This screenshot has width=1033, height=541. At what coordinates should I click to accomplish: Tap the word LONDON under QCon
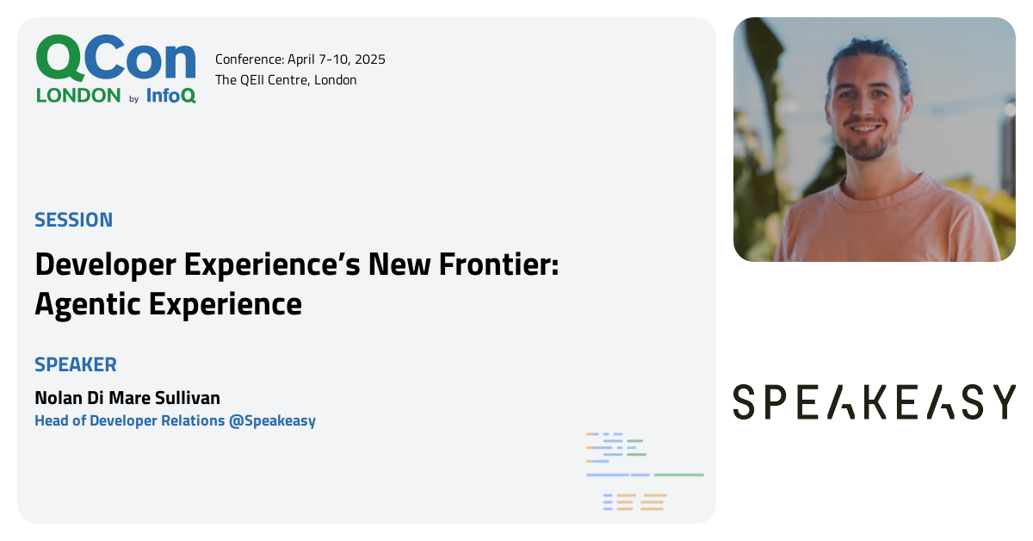click(x=78, y=96)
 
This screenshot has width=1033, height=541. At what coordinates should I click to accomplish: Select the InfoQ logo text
click(x=170, y=96)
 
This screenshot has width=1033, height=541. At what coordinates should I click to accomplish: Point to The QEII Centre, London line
click(x=286, y=80)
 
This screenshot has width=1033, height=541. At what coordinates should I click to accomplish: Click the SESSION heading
click(x=73, y=220)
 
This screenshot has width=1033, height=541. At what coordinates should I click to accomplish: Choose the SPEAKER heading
click(x=76, y=364)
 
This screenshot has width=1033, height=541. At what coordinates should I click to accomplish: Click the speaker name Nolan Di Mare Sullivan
click(x=127, y=398)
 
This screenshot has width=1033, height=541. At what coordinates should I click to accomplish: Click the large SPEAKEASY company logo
click(x=874, y=402)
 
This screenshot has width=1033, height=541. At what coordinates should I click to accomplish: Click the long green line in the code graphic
click(x=678, y=475)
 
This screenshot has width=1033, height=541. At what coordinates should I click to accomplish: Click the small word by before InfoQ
click(x=133, y=99)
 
